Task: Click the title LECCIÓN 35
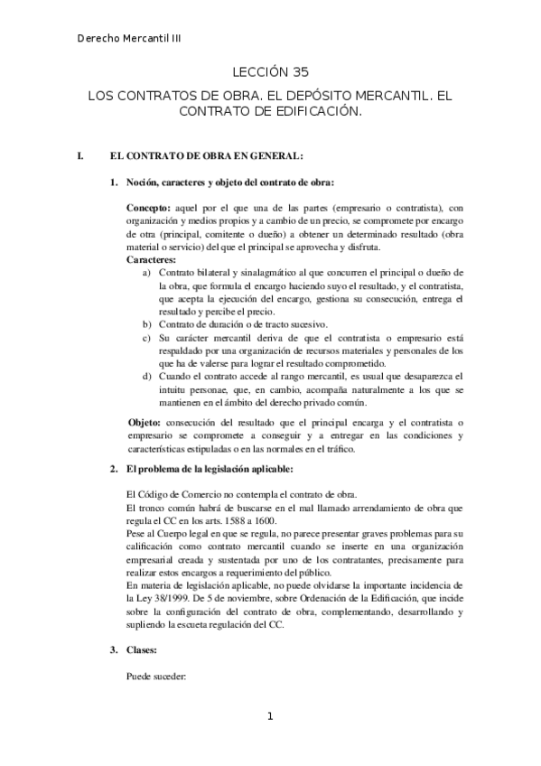point(270,74)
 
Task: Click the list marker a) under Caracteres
point(147,272)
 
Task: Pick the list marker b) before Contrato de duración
point(147,324)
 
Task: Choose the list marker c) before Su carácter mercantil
point(147,338)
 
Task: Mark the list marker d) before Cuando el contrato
point(147,376)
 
